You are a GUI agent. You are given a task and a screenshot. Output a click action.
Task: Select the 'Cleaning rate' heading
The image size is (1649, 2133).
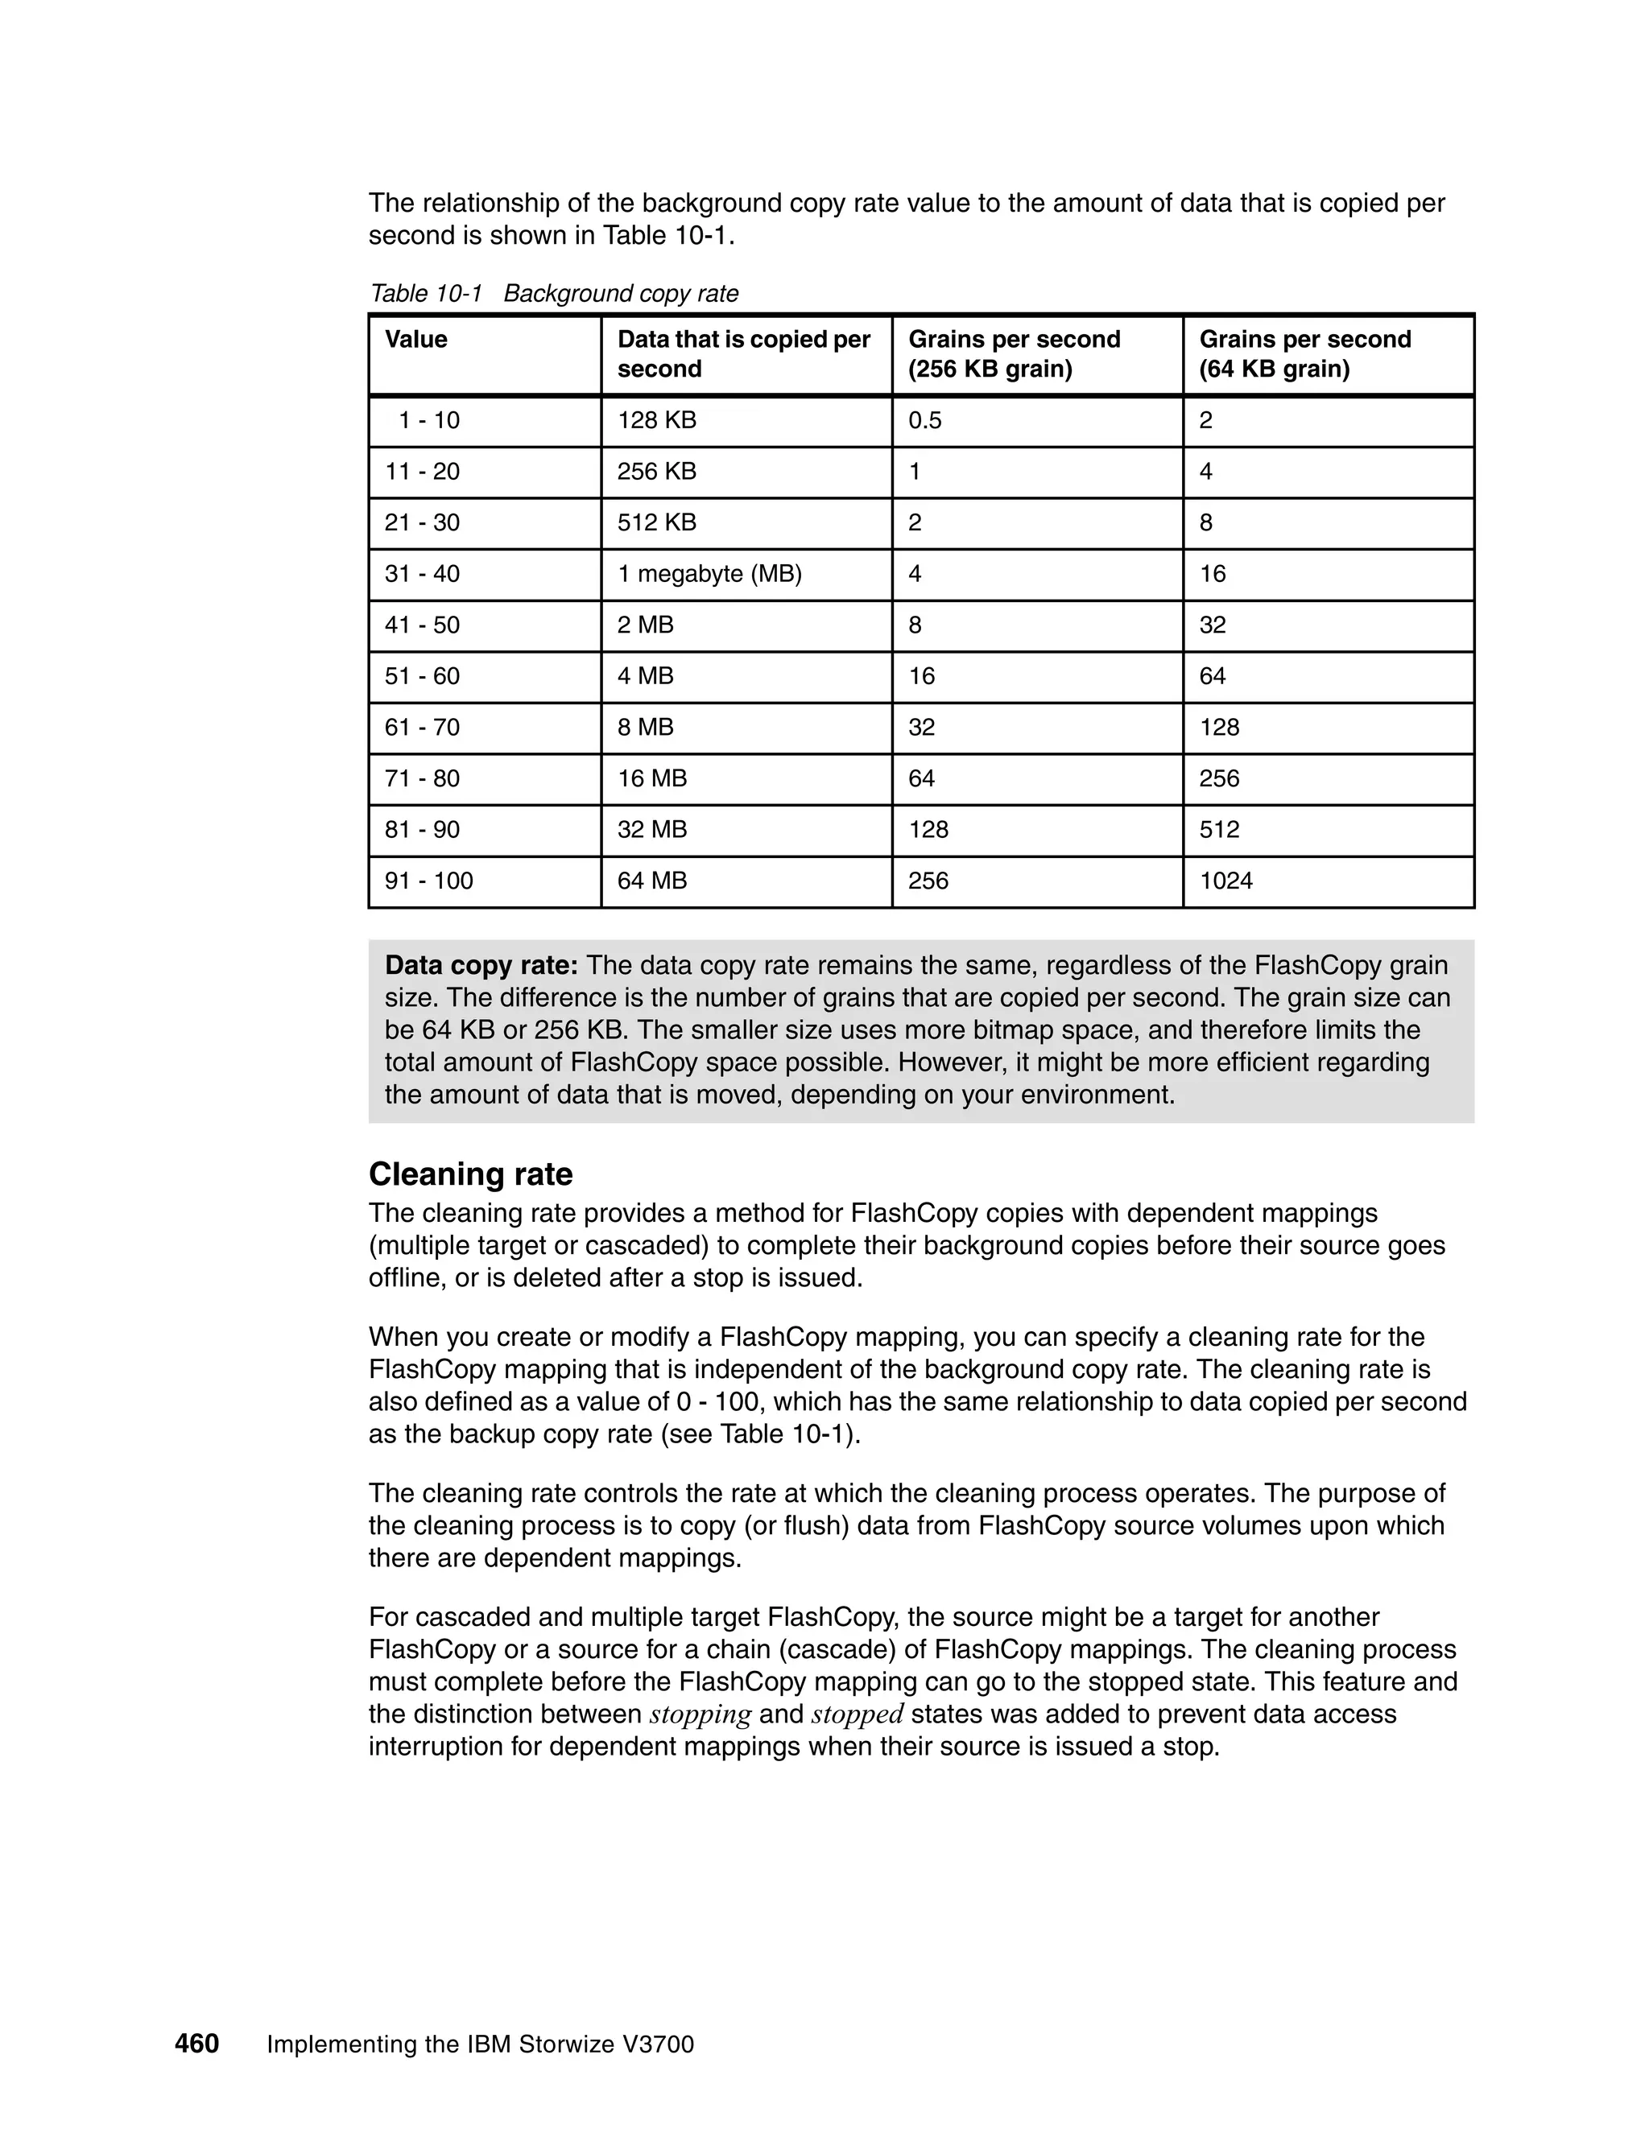(470, 1173)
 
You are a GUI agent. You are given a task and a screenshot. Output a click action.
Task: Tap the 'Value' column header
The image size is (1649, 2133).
(415, 339)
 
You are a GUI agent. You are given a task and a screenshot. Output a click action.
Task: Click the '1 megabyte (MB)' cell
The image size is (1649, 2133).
(709, 573)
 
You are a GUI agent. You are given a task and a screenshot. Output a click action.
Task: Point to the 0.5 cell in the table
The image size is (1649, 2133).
(924, 420)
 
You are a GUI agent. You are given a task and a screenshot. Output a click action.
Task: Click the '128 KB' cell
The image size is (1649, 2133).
(656, 420)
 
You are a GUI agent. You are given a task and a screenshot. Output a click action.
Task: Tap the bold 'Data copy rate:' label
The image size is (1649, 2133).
(481, 965)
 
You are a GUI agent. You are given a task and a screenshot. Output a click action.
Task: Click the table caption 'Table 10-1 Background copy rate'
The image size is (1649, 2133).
(553, 293)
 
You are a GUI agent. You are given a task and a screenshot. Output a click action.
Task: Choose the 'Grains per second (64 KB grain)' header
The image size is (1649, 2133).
(1304, 353)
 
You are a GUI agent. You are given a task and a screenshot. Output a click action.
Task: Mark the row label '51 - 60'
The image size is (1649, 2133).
(421, 676)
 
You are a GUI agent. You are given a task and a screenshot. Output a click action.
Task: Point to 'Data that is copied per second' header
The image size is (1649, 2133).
(742, 353)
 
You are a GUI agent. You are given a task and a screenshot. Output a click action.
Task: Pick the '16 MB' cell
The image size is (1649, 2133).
(651, 778)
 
